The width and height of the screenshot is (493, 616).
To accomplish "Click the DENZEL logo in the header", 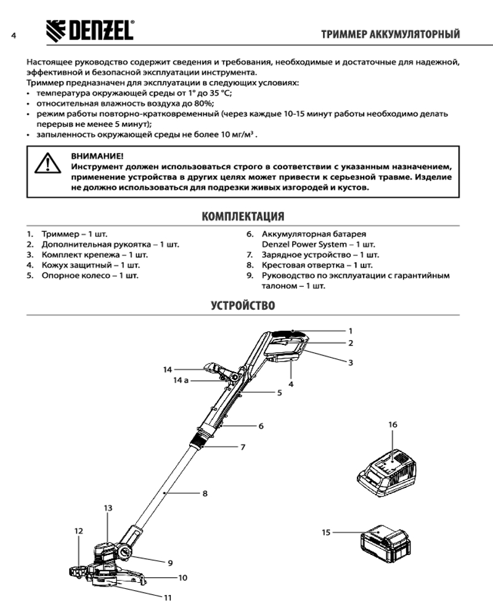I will click(x=89, y=30).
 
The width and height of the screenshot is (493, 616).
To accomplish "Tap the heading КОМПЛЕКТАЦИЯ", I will click(x=243, y=216).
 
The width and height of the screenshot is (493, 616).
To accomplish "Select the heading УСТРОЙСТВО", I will click(x=243, y=305).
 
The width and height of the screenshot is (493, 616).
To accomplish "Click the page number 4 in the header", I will click(x=13, y=34).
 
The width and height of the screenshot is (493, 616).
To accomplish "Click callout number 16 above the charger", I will click(x=393, y=425).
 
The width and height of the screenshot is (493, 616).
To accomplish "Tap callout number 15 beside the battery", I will click(x=326, y=531).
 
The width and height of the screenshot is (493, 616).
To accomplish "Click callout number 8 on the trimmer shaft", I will click(x=205, y=493).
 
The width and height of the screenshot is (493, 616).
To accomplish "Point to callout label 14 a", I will click(x=181, y=381).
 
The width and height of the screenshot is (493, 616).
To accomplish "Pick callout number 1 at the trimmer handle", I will click(x=350, y=330).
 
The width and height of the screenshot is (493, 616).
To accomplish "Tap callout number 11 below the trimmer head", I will click(x=168, y=597).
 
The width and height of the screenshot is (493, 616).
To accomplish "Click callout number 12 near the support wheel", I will click(x=78, y=530).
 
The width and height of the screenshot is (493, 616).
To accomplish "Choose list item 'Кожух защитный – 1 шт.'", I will click(x=89, y=265).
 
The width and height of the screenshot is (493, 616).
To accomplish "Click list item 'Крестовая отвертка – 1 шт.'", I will click(x=312, y=265).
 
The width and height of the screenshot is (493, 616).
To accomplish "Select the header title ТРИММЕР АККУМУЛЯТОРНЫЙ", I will click(x=391, y=34).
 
